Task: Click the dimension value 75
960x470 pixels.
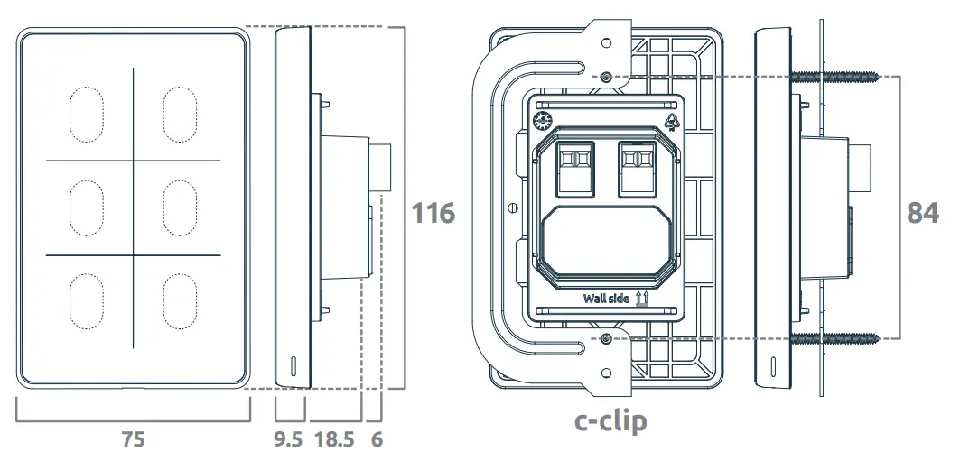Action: tap(133, 440)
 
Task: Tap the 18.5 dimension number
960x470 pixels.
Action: tap(334, 440)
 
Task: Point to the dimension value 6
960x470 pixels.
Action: tap(377, 440)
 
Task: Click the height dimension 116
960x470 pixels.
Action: tap(433, 214)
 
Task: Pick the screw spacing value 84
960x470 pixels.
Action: tap(922, 214)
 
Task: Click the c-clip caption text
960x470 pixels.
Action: tap(610, 420)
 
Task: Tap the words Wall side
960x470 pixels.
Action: tap(606, 299)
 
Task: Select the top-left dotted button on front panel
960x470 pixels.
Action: tap(86, 115)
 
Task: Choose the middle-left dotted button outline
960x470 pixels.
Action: tap(86, 208)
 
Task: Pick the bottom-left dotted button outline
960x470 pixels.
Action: tap(86, 300)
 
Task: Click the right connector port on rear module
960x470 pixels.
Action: tap(637, 168)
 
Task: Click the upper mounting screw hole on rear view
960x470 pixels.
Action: tap(605, 76)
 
